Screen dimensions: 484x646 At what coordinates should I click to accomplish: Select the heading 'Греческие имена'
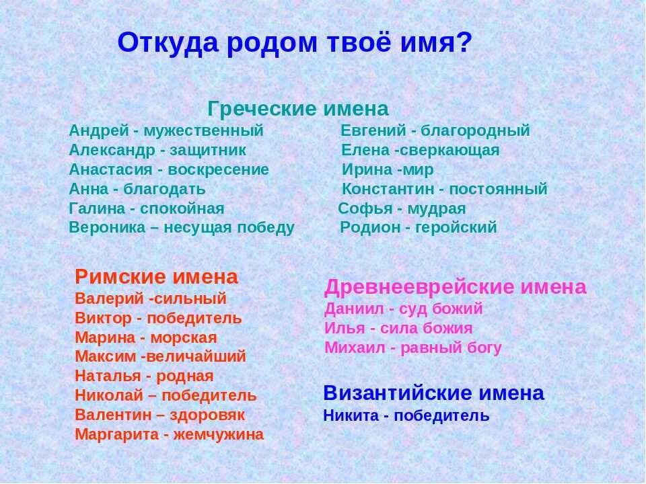[298, 109]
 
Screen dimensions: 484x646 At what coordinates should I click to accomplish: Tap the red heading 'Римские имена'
[156, 276]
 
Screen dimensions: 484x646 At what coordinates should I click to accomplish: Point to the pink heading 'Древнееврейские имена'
[456, 288]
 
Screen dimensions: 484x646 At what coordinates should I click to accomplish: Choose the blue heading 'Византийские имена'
[433, 393]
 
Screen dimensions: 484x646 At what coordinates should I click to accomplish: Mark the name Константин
[385, 189]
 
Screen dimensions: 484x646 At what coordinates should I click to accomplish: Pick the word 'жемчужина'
[219, 435]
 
